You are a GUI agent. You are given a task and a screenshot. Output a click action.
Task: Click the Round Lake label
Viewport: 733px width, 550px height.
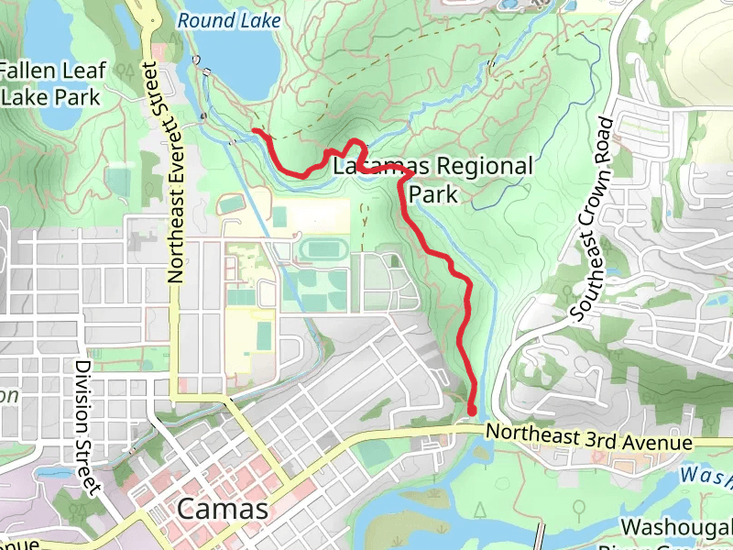tap(224, 19)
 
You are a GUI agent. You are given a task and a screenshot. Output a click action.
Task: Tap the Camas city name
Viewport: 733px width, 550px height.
tap(224, 509)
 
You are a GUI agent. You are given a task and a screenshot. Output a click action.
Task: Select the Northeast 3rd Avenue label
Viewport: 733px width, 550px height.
tap(588, 437)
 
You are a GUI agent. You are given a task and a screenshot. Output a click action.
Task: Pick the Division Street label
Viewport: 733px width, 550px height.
tap(88, 426)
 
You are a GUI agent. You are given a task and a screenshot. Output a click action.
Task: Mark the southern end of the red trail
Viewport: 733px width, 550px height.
tap(473, 410)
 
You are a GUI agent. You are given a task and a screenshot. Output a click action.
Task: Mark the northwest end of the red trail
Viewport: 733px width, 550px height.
tap(255, 133)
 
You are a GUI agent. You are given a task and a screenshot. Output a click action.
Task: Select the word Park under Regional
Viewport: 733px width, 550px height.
tap(432, 194)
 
